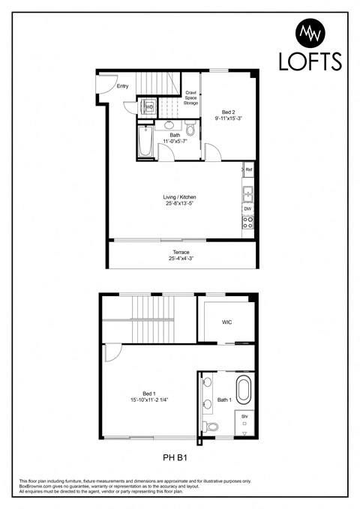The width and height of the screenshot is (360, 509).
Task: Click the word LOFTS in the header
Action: [x=310, y=61]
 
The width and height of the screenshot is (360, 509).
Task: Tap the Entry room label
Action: [x=123, y=86]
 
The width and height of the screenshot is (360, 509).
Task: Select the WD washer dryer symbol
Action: [x=148, y=107]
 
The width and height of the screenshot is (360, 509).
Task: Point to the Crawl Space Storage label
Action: [x=191, y=97]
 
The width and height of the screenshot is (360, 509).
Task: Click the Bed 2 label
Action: [x=229, y=111]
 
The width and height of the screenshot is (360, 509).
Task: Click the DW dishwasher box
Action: [x=247, y=208]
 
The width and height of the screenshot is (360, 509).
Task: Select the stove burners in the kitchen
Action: [x=247, y=222]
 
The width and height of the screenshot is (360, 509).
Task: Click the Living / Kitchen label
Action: [x=180, y=197]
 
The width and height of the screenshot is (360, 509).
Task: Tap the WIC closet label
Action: [x=226, y=324]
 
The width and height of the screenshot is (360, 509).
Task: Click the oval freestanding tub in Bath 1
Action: [x=244, y=392]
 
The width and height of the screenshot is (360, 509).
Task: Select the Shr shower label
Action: [x=244, y=416]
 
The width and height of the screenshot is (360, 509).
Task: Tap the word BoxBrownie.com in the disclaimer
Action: [x=37, y=487]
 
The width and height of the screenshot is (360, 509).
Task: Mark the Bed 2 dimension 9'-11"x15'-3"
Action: [x=229, y=118]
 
